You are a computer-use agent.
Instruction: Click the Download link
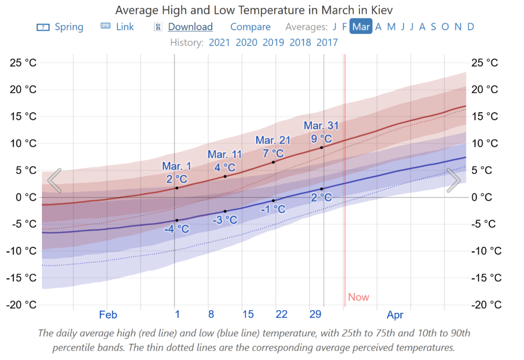190,27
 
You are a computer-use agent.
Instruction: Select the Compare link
250,27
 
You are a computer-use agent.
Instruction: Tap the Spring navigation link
69,27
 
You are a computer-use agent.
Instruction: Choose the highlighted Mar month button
361,27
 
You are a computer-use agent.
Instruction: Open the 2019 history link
274,42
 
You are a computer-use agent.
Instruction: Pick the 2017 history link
327,42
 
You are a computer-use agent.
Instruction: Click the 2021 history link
220,42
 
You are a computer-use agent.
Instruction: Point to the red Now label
358,297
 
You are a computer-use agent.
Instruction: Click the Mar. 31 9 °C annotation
321,132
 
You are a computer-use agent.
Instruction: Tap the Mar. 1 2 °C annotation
177,172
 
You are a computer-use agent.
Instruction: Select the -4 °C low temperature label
177,229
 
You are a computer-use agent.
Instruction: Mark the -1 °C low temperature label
273,209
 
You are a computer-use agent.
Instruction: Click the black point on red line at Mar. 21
273,162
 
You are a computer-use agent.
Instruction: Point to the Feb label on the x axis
108,315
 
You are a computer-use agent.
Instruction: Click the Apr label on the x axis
395,315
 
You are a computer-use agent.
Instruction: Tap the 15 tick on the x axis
248,314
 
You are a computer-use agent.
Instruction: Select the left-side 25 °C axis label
24,63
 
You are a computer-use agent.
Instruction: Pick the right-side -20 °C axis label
487,305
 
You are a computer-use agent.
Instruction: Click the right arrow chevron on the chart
453,180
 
